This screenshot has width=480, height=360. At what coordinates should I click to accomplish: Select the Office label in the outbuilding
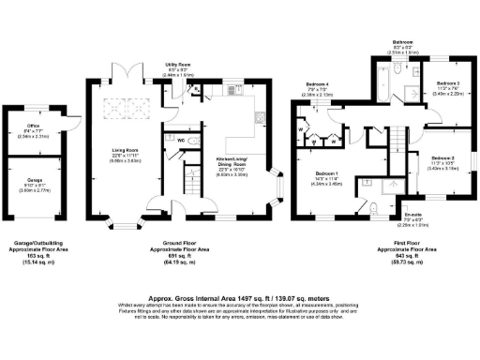(x=33, y=128)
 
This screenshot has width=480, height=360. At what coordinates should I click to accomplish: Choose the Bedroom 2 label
(x=442, y=160)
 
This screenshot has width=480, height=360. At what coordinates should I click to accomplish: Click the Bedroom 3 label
(x=445, y=84)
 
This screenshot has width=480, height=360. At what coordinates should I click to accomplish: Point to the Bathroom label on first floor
(x=403, y=42)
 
